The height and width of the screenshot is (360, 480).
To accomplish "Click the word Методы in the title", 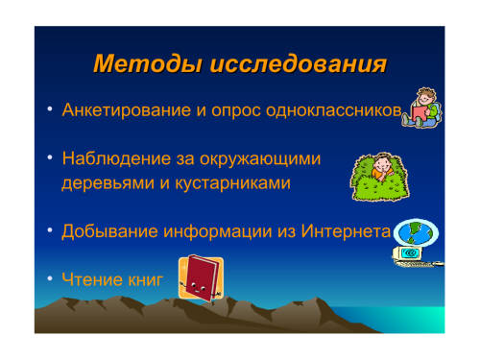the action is click(148, 64).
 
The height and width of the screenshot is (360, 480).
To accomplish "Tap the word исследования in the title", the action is click(299, 64).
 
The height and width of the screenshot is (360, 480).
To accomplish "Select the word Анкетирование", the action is click(127, 110).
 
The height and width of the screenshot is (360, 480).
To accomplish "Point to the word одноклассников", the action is click(334, 110).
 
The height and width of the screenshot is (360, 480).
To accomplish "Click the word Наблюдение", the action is click(116, 158).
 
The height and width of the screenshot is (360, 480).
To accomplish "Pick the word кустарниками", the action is click(232, 183).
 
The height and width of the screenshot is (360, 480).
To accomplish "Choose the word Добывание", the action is click(109, 231).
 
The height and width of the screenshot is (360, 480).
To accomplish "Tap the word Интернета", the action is click(346, 231).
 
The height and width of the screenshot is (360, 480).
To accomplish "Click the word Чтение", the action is click(92, 279).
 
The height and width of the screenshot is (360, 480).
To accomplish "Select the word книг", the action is click(146, 280).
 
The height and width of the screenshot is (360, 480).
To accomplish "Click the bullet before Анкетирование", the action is click(50, 109).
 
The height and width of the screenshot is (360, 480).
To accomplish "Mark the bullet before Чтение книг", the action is click(50, 278).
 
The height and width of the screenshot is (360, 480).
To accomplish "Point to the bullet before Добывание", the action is click(50, 230).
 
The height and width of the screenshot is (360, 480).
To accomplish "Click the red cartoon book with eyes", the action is click(202, 277).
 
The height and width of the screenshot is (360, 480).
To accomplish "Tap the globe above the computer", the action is click(416, 232).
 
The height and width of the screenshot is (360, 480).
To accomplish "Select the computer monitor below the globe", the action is click(408, 253).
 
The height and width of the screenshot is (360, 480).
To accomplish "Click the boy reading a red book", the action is click(422, 108).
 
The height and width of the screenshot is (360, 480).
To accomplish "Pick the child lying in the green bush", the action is click(380, 177).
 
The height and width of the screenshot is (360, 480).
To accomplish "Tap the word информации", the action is click(217, 231).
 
